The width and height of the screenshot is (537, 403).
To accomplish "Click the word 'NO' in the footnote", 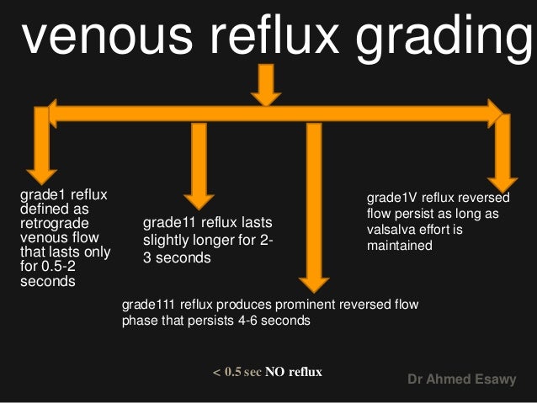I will point(275,371).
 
